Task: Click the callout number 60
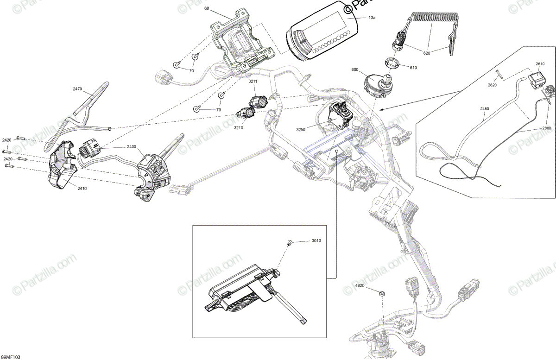[x=207, y=9]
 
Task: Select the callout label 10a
[x=372, y=17]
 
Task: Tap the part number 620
[x=427, y=53]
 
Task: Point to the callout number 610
[x=413, y=68]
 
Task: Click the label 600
[x=355, y=69]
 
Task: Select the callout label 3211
[x=253, y=82]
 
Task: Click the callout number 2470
[x=77, y=88]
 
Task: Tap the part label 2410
[x=69, y=189]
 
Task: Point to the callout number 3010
[x=316, y=241]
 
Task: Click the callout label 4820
[x=360, y=286]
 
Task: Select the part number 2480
[x=484, y=109]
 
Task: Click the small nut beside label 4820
[x=382, y=293]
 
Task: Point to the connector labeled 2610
[x=537, y=76]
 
